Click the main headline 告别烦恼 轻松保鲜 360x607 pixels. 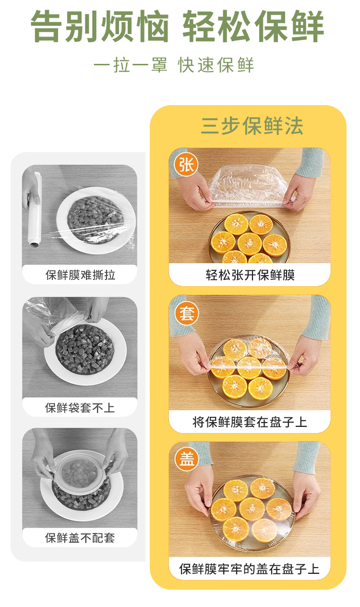178,26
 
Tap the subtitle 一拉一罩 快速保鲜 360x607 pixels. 174,65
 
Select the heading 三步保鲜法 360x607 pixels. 252,126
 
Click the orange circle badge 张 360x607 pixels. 186,165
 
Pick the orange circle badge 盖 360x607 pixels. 187,459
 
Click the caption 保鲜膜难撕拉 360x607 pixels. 80,275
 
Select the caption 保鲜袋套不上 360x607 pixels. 80,408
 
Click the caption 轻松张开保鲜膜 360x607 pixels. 250,275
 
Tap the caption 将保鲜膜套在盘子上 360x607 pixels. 250,422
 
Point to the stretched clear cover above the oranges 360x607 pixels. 248,186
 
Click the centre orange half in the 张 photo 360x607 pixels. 250,243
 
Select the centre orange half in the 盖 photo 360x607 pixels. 252,509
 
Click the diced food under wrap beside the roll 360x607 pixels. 96,219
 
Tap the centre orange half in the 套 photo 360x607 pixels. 249,368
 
